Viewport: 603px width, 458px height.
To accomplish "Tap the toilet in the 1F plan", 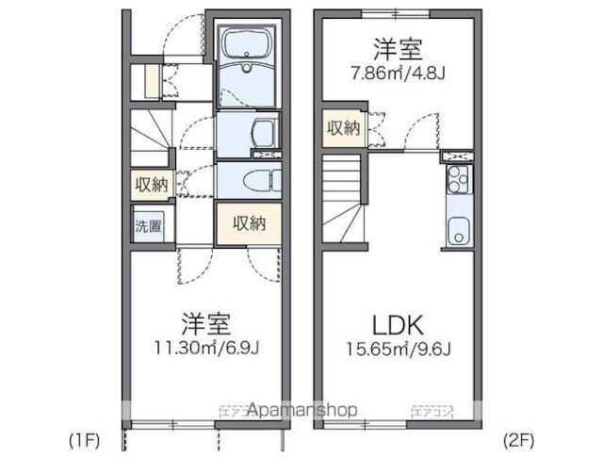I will tap(255, 181).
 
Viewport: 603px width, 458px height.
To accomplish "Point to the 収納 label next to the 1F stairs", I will tap(151, 185).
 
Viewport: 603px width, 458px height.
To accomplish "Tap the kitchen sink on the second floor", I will tap(458, 228).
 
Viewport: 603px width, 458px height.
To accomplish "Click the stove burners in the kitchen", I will tap(457, 178).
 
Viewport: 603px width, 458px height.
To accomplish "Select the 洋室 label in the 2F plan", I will tap(395, 46).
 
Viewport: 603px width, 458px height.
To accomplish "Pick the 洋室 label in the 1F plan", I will tap(207, 321).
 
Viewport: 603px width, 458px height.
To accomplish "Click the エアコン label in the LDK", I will tap(432, 411).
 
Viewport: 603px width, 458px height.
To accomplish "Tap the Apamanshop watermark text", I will tap(301, 411).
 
